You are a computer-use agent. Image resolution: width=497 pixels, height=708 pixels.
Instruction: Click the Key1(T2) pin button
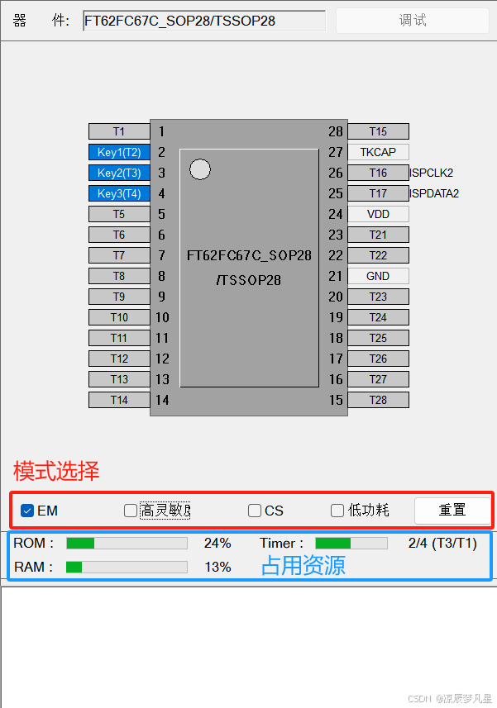[119, 152]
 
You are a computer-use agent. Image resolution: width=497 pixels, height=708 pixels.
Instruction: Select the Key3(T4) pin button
[119, 193]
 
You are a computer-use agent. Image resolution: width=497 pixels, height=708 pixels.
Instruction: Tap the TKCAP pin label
[378, 152]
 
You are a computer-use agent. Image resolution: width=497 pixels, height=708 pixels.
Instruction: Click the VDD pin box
[378, 214]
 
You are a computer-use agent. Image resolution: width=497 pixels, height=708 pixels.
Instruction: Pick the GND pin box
[378, 276]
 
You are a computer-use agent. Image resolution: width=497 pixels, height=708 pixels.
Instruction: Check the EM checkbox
[27, 511]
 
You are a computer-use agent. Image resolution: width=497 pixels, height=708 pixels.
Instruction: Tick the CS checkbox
[255, 511]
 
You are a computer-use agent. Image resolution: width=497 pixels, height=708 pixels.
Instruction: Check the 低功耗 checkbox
[337, 511]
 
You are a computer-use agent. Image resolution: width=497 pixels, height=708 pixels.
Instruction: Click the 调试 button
[412, 21]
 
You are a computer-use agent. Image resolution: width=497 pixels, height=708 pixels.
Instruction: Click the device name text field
[204, 21]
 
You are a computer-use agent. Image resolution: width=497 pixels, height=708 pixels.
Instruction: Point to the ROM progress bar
[127, 543]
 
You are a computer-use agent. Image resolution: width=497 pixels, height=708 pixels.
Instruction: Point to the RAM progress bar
[127, 567]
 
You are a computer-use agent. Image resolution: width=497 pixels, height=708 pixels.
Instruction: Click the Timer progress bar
[351, 543]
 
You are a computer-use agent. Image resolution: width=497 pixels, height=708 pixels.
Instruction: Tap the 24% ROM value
[217, 543]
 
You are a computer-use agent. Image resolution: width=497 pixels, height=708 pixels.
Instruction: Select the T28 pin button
[378, 400]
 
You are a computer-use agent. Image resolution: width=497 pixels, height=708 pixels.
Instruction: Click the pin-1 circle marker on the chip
[200, 169]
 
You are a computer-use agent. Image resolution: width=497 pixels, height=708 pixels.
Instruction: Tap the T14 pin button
[119, 400]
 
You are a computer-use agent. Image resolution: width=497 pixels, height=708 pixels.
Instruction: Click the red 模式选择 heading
[56, 472]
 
